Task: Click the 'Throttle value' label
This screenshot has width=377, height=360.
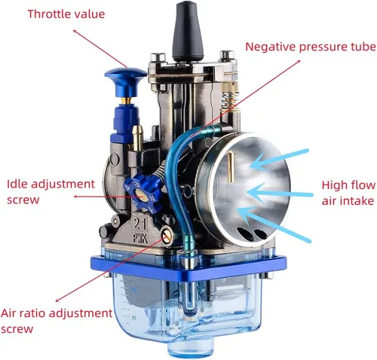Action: (66, 14)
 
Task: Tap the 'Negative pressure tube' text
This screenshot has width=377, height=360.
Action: (311, 47)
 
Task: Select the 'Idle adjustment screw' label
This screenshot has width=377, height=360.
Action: (51, 192)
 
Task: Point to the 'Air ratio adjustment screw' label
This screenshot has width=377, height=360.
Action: (57, 321)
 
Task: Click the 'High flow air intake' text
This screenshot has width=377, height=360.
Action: (348, 193)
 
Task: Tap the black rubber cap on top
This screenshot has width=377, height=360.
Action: (188, 32)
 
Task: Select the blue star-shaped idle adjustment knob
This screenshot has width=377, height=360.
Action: (143, 194)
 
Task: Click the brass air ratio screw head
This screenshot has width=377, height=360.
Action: (167, 236)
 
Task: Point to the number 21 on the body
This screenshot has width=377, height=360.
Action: (139, 224)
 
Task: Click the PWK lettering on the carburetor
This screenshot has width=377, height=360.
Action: (140, 239)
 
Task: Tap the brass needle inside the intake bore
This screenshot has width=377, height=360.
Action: (230, 167)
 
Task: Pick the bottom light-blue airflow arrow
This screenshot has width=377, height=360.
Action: (274, 224)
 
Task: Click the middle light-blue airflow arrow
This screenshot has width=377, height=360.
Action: (280, 194)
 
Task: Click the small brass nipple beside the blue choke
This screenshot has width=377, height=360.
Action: (138, 139)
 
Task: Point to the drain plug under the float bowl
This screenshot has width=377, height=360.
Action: (191, 347)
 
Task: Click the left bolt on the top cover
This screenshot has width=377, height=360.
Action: (158, 57)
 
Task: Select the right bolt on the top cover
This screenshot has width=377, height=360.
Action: (227, 55)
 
